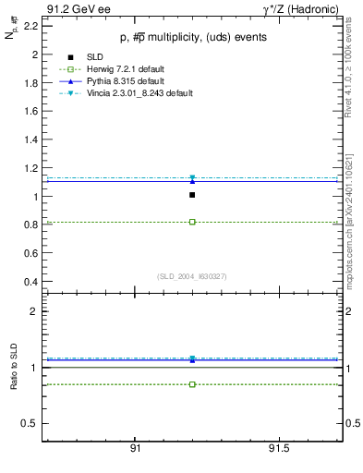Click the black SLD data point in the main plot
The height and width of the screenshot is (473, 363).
click(192, 195)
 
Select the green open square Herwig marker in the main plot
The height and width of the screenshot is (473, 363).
click(192, 222)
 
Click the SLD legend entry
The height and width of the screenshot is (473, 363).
click(90, 57)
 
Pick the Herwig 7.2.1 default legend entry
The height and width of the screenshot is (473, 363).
click(120, 69)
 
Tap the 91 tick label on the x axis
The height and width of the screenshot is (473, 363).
click(135, 448)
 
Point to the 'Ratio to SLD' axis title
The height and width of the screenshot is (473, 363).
click(13, 366)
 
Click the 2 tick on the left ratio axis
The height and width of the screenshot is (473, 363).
click(35, 311)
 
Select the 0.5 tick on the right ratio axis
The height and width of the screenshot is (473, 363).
click(351, 424)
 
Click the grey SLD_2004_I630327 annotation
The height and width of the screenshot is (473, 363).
click(191, 276)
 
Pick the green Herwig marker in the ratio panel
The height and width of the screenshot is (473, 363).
click(192, 384)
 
